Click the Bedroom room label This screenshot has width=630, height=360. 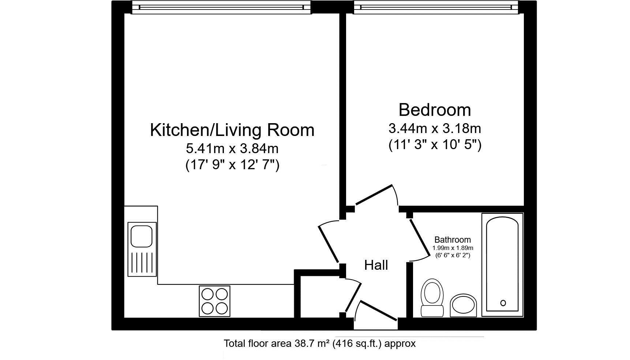pyautogui.click(x=435, y=110)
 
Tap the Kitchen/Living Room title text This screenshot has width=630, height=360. pyautogui.click(x=232, y=130)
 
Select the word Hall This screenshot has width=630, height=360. pyautogui.click(x=376, y=265)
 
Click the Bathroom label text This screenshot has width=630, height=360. pyautogui.click(x=452, y=240)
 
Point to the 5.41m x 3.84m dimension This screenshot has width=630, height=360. pyautogui.click(x=232, y=148)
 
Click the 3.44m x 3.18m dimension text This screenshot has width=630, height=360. pyautogui.click(x=435, y=129)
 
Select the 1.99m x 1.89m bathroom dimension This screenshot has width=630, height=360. pyautogui.click(x=453, y=248)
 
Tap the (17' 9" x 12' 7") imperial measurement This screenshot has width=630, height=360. pyautogui.click(x=232, y=165)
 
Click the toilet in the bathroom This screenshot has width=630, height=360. pyautogui.click(x=432, y=297)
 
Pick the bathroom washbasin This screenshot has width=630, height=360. pyautogui.click(x=463, y=305)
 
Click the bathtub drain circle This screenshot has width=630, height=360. pyautogui.click(x=503, y=303)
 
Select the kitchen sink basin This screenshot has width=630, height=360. pyautogui.click(x=142, y=236)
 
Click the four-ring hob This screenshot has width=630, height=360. pyautogui.click(x=214, y=301)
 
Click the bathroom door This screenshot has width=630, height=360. pyautogui.click(x=419, y=238)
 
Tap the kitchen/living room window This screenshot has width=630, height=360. pyautogui.click(x=221, y=8)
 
